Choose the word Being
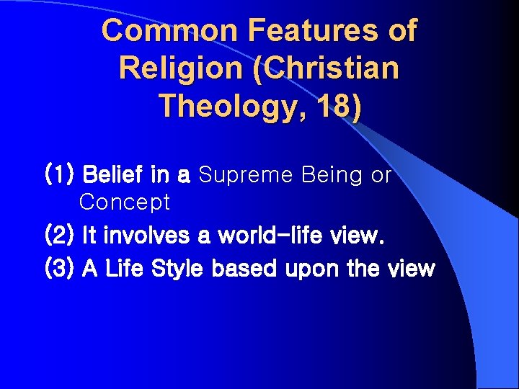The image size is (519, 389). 324,175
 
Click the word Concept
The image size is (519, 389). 125,202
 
